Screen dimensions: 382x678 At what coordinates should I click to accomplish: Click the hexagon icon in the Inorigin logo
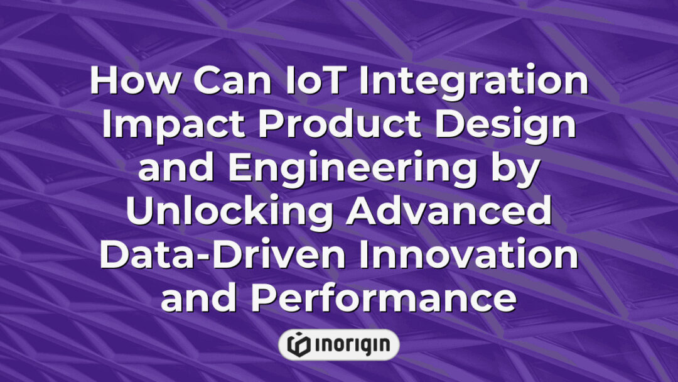299,344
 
